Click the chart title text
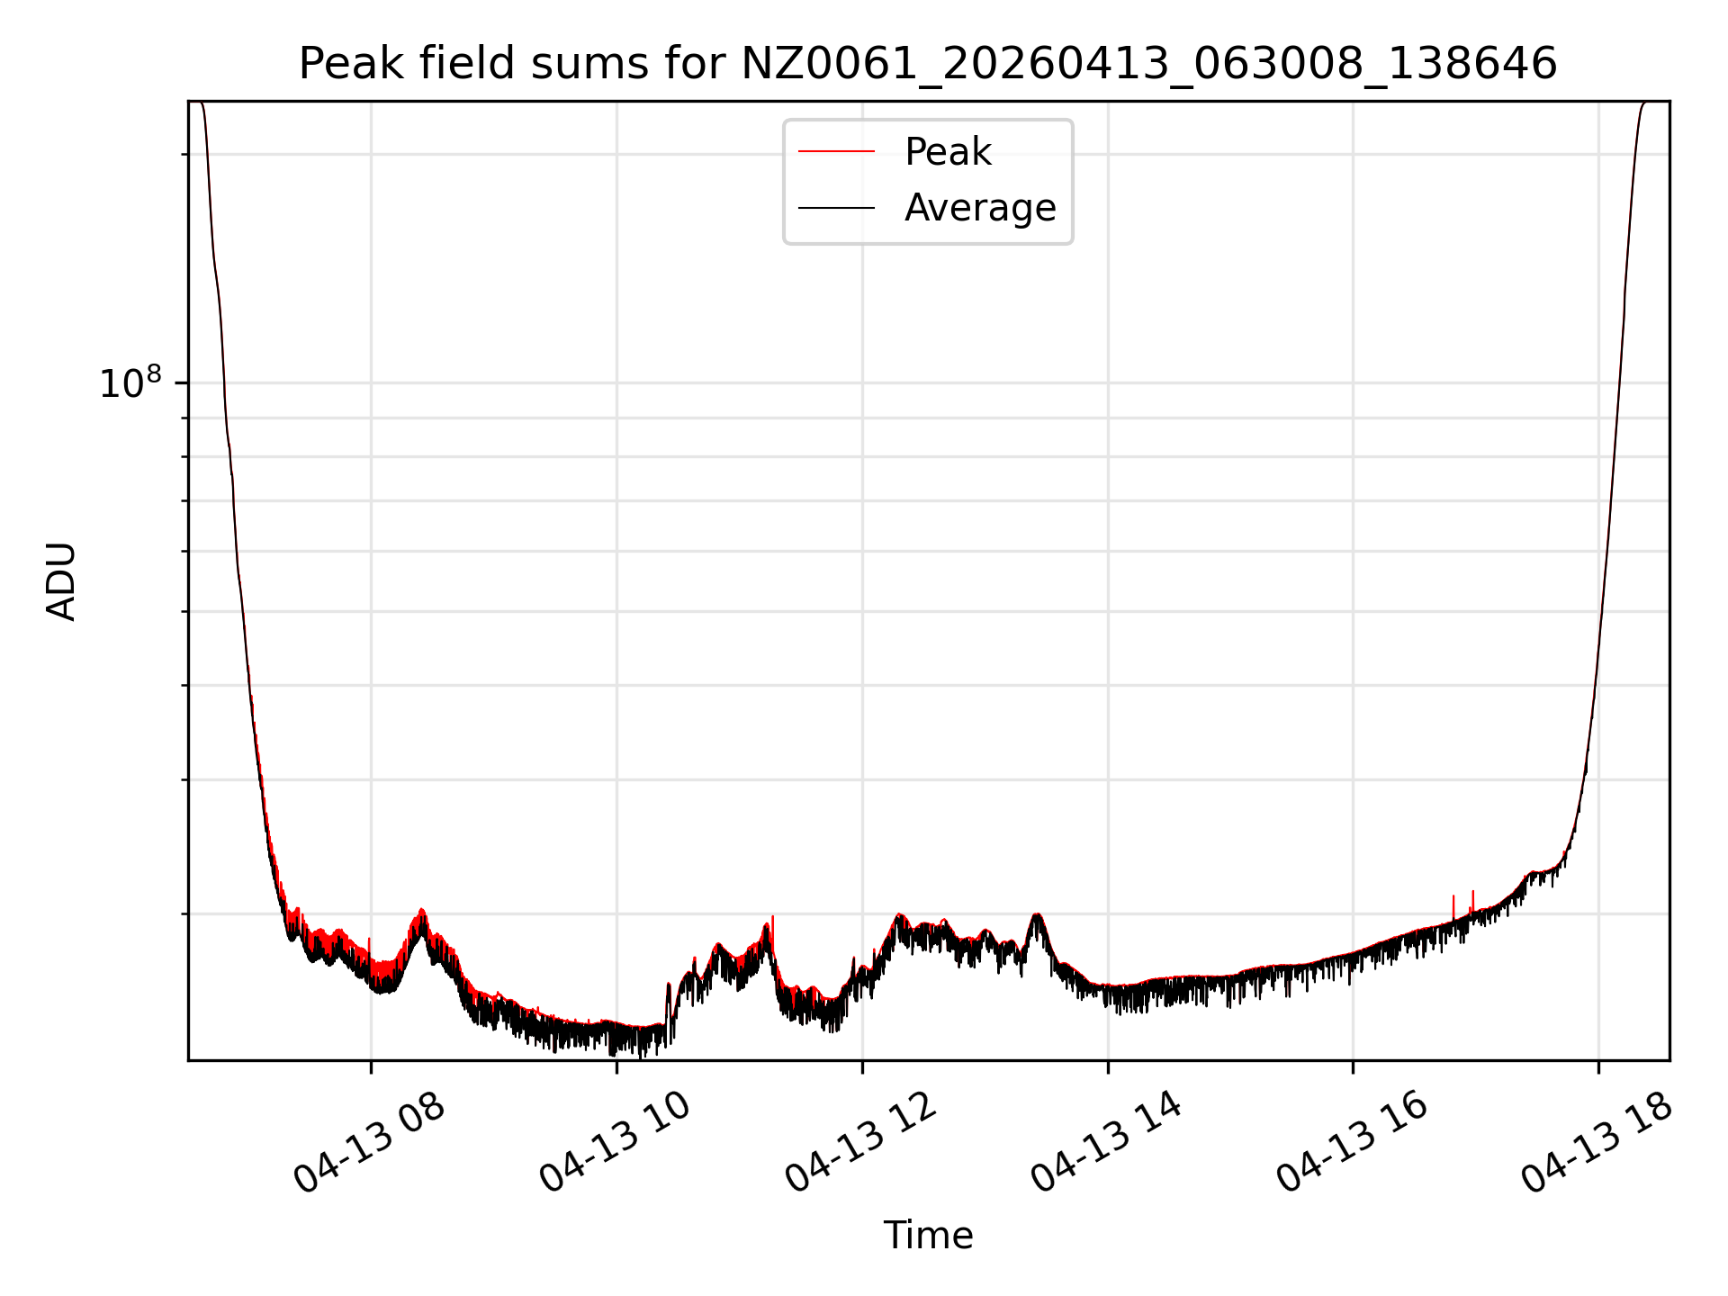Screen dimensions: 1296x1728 pos(928,64)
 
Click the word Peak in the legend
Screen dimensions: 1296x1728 pos(948,152)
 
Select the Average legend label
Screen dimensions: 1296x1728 pos(980,208)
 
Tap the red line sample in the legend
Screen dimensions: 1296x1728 pos(836,152)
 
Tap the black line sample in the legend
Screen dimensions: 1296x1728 pos(836,208)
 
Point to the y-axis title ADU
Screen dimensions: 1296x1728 pos(61,581)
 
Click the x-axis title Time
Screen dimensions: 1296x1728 pos(928,1236)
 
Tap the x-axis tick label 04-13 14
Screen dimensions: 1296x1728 pos(1107,1143)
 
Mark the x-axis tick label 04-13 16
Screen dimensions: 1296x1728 pos(1353,1143)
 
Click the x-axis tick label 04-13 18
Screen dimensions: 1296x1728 pos(1597,1143)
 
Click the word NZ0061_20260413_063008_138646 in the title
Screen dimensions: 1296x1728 pos(1148,64)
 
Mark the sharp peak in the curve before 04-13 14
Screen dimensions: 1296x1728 pos(1037,916)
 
